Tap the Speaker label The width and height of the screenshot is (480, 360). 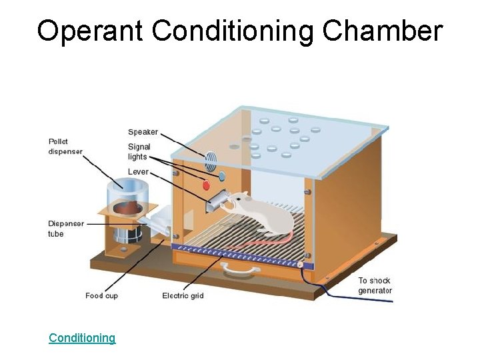(143, 132)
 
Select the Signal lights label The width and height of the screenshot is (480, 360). (139, 151)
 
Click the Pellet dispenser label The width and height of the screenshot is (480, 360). (65, 146)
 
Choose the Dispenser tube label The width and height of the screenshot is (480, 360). (65, 229)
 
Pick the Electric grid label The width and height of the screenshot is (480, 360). (183, 295)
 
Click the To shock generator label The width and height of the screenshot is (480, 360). (375, 285)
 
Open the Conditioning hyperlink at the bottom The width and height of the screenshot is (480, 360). (82, 338)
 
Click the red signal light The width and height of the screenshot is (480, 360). (206, 185)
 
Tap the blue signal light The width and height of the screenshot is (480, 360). (222, 177)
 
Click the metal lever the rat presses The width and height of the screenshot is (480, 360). (217, 199)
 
